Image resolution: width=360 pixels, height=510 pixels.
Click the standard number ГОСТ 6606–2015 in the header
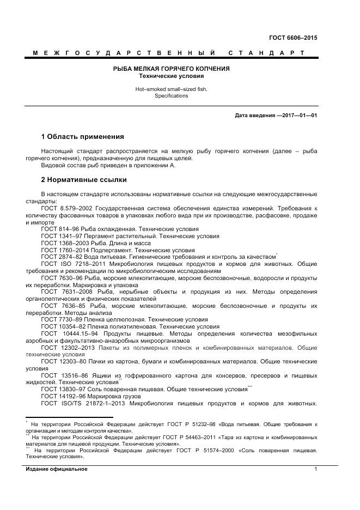(293, 38)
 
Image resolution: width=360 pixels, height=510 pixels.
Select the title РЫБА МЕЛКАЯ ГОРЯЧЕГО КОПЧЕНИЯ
(171, 69)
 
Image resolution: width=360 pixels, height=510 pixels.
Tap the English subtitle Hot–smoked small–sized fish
(171, 88)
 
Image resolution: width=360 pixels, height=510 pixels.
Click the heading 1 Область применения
(82, 136)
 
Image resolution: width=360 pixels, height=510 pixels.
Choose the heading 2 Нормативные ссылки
(84, 179)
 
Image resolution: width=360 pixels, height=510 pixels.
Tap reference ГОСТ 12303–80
(64, 362)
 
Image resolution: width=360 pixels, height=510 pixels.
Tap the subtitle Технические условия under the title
(171, 76)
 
